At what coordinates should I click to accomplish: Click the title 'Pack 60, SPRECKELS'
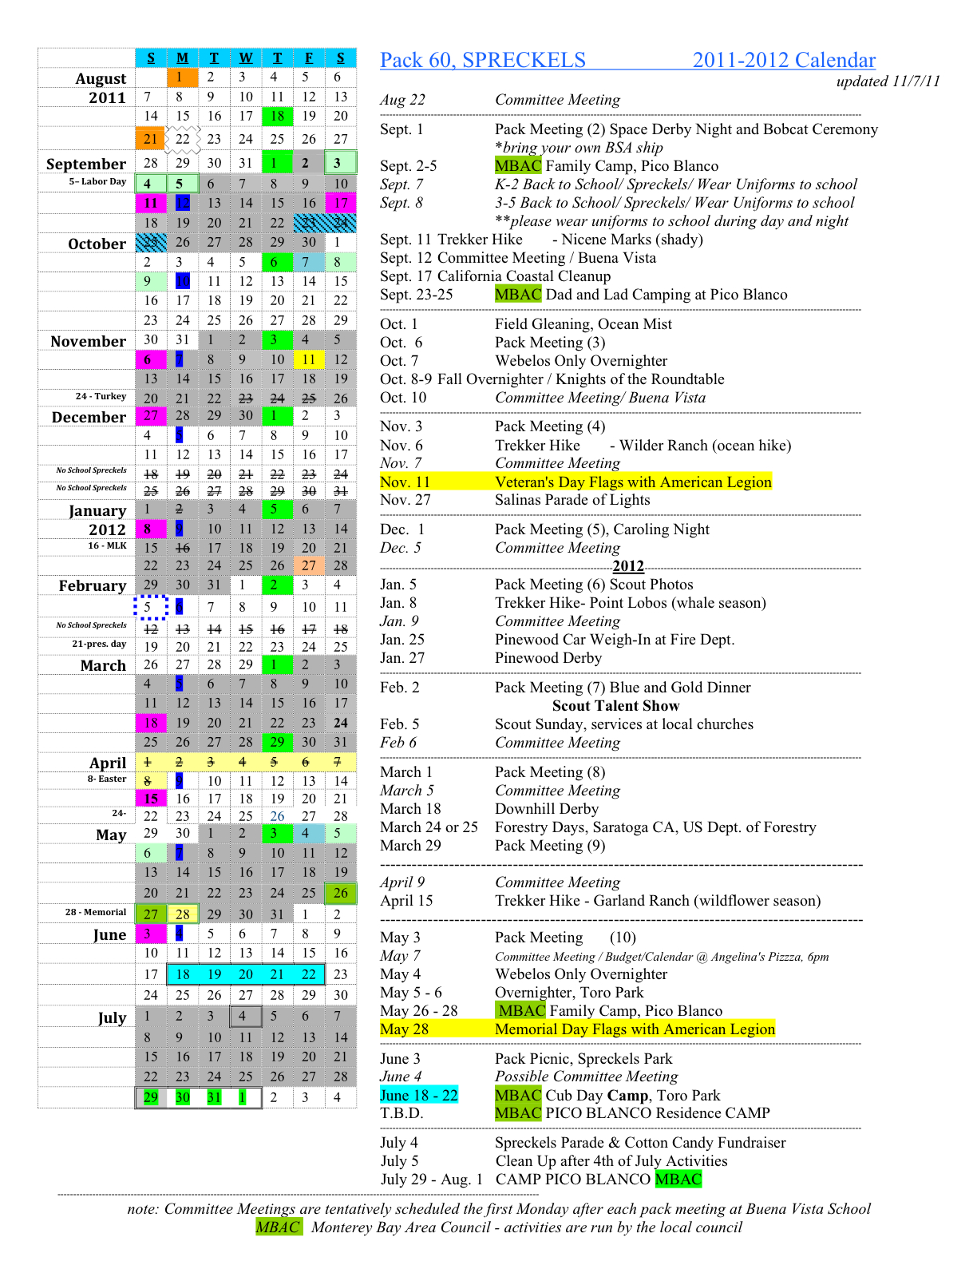[482, 61]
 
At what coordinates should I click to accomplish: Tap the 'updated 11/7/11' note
[888, 81]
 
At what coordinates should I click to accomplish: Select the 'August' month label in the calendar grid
[101, 78]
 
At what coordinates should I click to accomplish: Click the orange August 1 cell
[181, 77]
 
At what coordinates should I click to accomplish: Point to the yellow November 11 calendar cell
[309, 359]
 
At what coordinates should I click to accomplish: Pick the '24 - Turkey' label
[101, 396]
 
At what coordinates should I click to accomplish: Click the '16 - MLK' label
[107, 545]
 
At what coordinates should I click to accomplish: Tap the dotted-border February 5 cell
[150, 607]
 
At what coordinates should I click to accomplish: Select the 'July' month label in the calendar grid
[112, 1017]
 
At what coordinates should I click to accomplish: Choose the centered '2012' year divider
[628, 566]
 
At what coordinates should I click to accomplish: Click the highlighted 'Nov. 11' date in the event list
[405, 482]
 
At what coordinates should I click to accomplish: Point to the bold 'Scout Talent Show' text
[615, 706]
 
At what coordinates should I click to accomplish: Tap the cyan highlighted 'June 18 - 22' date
[419, 1095]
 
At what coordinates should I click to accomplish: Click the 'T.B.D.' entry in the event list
[401, 1113]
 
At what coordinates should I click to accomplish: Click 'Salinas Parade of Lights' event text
[572, 500]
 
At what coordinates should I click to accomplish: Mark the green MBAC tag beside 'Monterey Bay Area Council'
[279, 1227]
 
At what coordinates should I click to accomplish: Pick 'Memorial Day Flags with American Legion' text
[635, 1029]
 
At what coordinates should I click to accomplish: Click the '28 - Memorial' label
[96, 912]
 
